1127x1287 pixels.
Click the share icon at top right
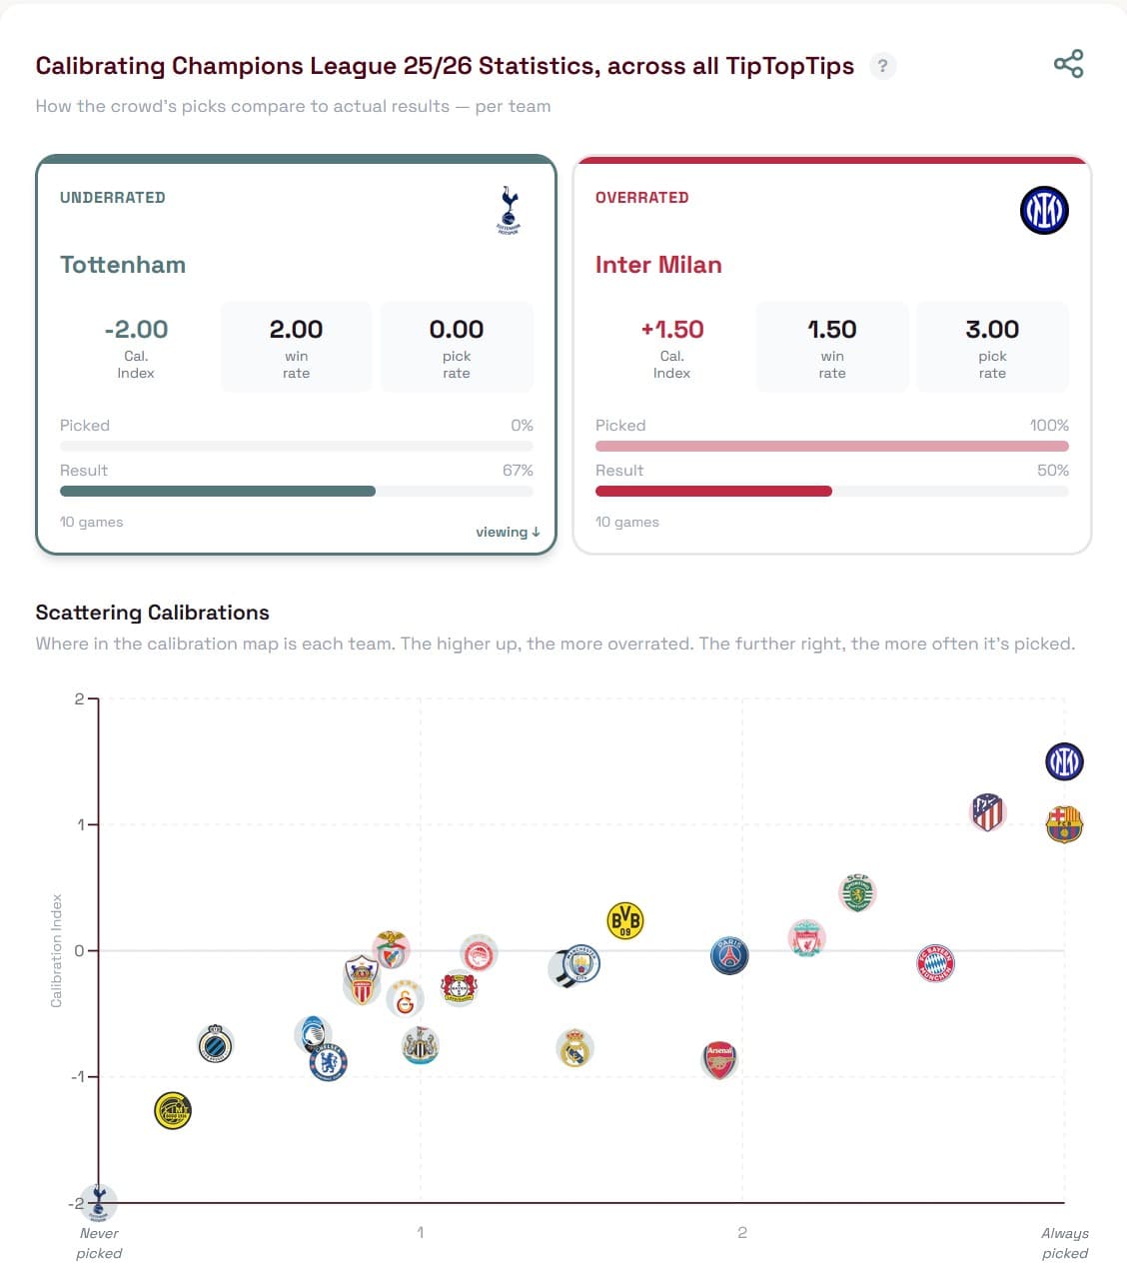pos(1068,65)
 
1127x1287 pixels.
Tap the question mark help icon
pos(882,66)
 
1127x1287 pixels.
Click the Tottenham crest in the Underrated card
pos(509,210)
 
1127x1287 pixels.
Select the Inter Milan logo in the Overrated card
pos(1044,211)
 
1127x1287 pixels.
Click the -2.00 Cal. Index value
pos(136,329)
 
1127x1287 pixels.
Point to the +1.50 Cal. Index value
pos(672,329)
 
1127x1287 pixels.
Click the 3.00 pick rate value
pos(992,329)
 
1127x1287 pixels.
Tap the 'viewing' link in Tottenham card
pos(508,532)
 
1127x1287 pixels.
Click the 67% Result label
pos(518,470)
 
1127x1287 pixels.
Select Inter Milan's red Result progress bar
pos(713,491)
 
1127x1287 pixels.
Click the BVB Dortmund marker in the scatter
pos(625,920)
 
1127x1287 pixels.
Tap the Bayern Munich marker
pos(936,963)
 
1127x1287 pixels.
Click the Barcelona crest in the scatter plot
pos(1064,825)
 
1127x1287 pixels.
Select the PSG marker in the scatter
pos(729,956)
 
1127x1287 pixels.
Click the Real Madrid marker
pos(574,1048)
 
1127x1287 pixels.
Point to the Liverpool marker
pos(806,939)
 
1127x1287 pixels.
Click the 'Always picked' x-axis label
pos(1064,1243)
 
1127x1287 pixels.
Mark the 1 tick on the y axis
pos(80,824)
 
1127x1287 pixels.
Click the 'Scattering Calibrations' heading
pos(152,613)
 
